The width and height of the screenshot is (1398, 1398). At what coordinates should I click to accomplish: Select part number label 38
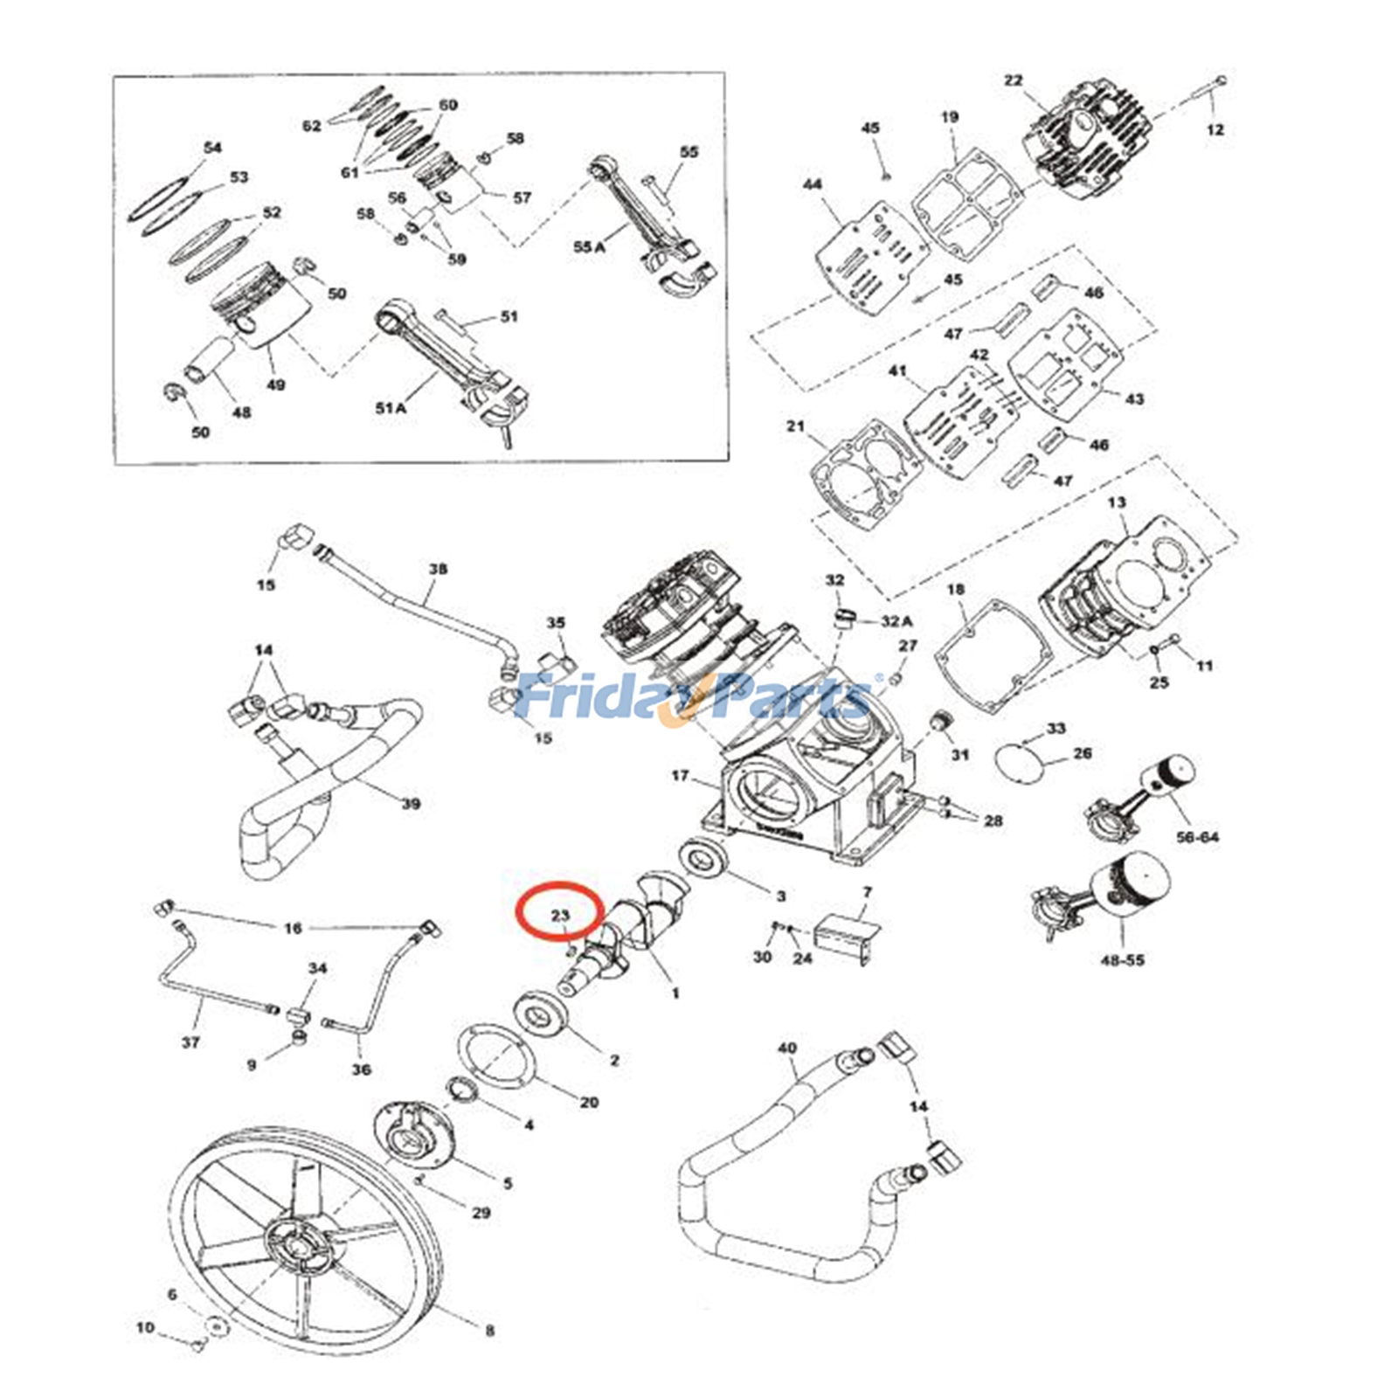tap(438, 569)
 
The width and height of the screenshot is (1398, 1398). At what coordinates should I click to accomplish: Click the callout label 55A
tap(588, 247)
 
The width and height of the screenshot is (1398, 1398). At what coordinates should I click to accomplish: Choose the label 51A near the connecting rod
tap(391, 408)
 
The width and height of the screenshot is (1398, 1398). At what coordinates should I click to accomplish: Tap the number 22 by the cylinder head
tap(1013, 80)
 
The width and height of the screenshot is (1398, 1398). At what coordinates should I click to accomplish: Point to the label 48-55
tap(1122, 960)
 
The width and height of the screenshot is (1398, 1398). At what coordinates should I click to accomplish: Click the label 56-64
tap(1197, 837)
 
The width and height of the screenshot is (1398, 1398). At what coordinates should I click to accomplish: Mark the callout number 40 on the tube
tap(786, 1048)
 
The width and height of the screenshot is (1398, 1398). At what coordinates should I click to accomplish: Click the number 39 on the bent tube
tap(411, 804)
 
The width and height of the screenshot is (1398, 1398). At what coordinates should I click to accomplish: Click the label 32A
tap(896, 621)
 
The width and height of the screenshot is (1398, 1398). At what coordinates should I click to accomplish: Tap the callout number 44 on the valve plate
tap(812, 184)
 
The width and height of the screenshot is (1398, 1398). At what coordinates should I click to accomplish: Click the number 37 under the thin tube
tap(190, 1042)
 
